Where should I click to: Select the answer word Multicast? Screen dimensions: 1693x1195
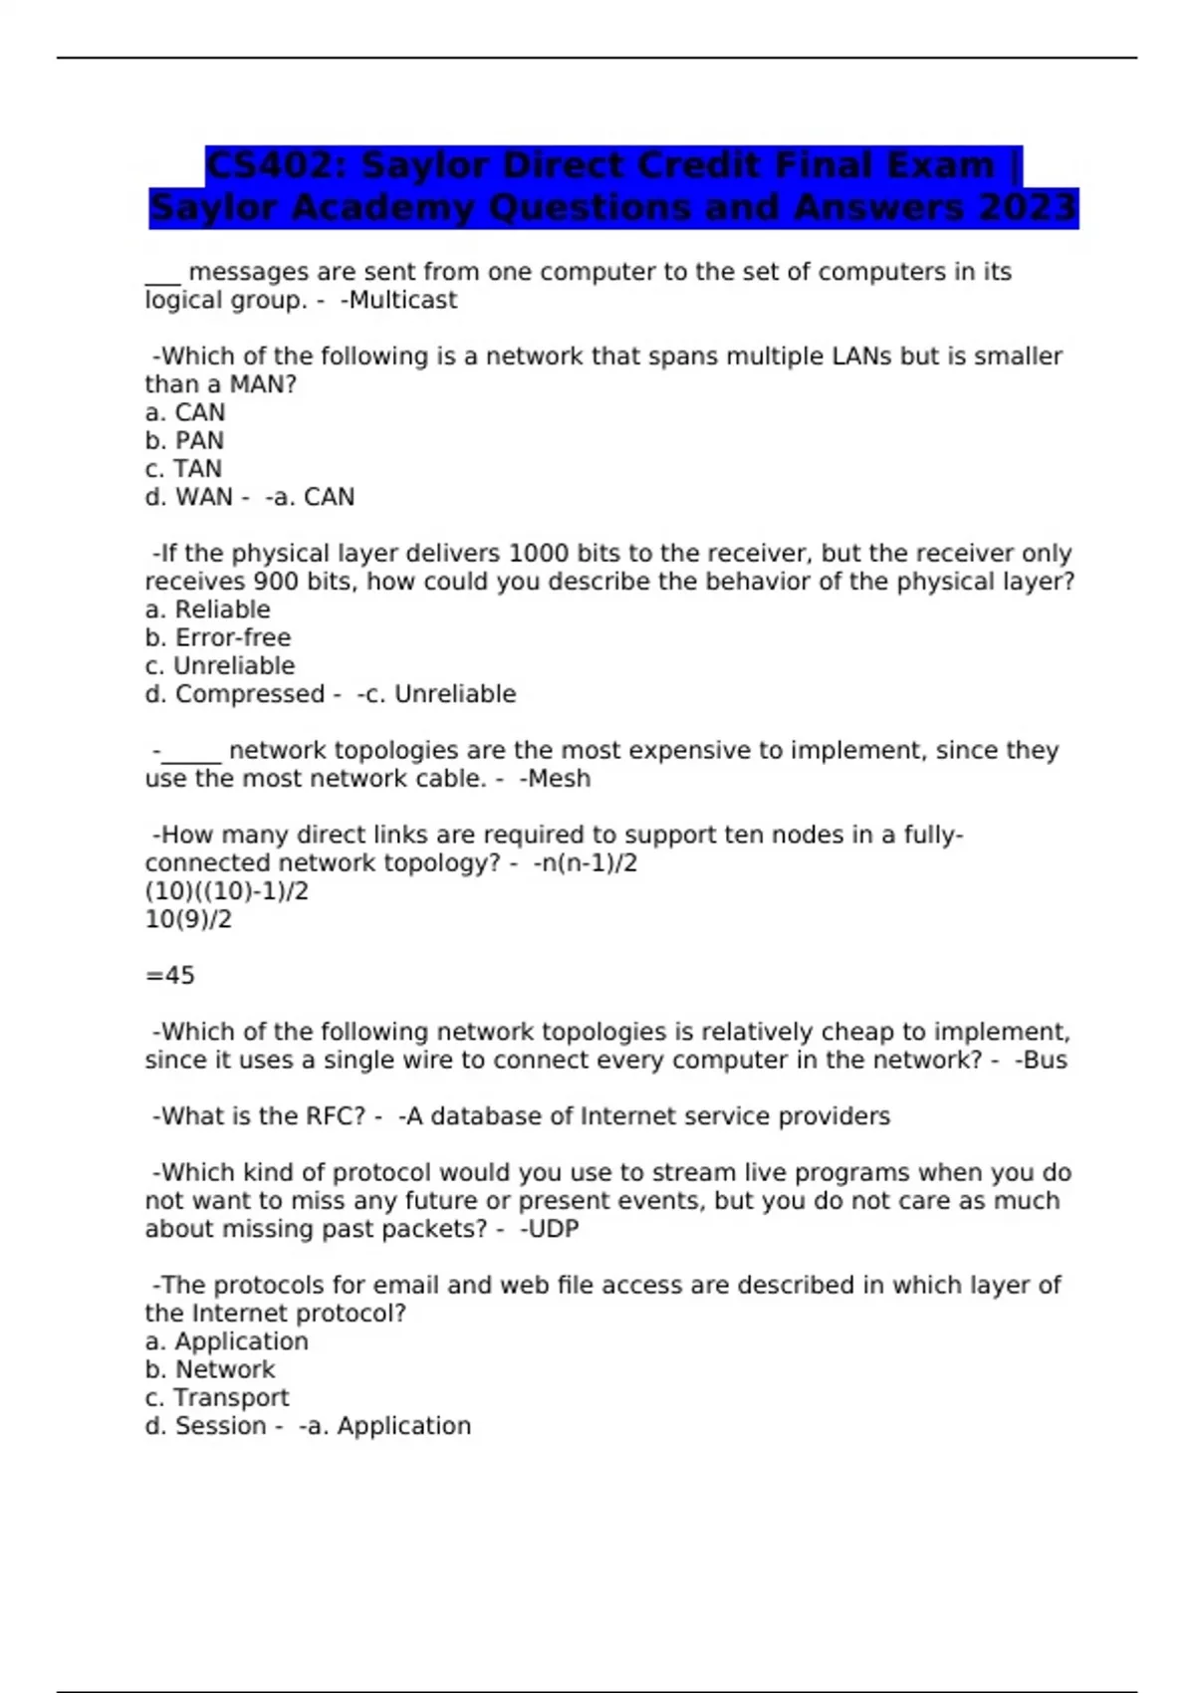click(x=402, y=300)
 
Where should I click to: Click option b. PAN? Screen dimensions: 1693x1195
click(x=184, y=440)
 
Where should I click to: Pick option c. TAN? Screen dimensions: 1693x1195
click(x=183, y=468)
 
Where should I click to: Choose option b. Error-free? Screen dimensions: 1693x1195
click(x=218, y=637)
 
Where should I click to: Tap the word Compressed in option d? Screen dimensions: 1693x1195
click(x=250, y=694)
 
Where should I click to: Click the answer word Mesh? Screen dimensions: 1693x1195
click(x=559, y=779)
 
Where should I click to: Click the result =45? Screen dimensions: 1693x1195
click(x=170, y=975)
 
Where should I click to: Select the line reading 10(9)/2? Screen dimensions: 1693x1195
click(x=188, y=919)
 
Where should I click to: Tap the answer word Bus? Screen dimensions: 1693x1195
click(x=1045, y=1060)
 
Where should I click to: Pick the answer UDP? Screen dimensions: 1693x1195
click(x=553, y=1229)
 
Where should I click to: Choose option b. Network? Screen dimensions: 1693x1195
click(x=210, y=1369)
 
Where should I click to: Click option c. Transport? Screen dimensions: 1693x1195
click(x=217, y=1397)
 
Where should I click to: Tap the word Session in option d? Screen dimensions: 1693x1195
click(x=221, y=1426)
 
